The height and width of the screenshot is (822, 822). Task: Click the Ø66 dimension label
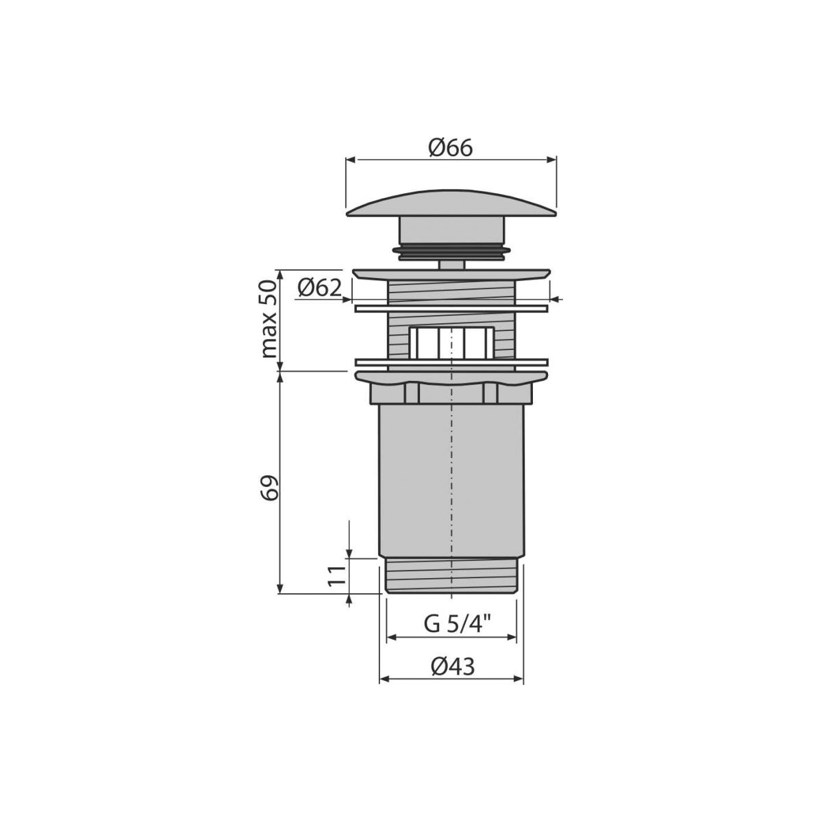[x=451, y=148]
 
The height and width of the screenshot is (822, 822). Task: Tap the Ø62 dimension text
[x=319, y=289]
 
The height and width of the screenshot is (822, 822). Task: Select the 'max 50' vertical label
[x=269, y=319]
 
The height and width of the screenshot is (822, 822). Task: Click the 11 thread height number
[x=336, y=576]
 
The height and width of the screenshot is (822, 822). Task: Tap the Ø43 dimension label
[x=452, y=666]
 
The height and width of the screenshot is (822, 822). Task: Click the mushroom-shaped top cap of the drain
[x=451, y=205]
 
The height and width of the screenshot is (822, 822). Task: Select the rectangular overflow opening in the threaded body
[x=451, y=342]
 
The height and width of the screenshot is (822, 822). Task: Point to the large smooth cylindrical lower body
[x=451, y=481]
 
